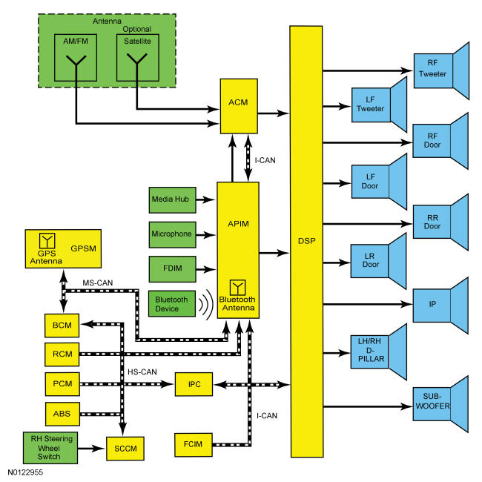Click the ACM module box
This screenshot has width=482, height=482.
click(x=239, y=106)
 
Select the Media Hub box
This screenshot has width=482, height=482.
click(x=172, y=199)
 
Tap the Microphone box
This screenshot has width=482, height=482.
click(x=172, y=234)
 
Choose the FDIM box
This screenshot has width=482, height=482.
click(x=172, y=269)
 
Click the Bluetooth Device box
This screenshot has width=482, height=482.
click(x=171, y=304)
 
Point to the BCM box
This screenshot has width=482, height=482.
click(x=62, y=326)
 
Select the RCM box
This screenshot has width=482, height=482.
click(x=62, y=354)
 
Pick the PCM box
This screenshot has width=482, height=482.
click(x=62, y=384)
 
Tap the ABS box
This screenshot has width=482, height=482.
click(x=62, y=414)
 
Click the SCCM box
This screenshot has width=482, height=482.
click(x=125, y=449)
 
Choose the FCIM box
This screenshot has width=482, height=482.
click(x=194, y=444)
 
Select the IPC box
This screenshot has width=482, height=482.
click(x=194, y=384)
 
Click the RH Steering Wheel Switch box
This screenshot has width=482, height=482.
click(x=50, y=448)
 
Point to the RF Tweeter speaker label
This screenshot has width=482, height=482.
click(x=432, y=68)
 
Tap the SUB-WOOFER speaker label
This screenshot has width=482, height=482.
click(x=432, y=401)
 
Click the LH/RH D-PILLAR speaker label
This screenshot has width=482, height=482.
click(x=371, y=350)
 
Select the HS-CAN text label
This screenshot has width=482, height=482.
click(x=142, y=372)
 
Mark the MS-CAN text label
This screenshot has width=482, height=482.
click(x=97, y=283)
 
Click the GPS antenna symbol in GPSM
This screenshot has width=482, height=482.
click(x=47, y=240)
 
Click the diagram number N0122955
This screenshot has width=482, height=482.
click(x=25, y=472)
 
